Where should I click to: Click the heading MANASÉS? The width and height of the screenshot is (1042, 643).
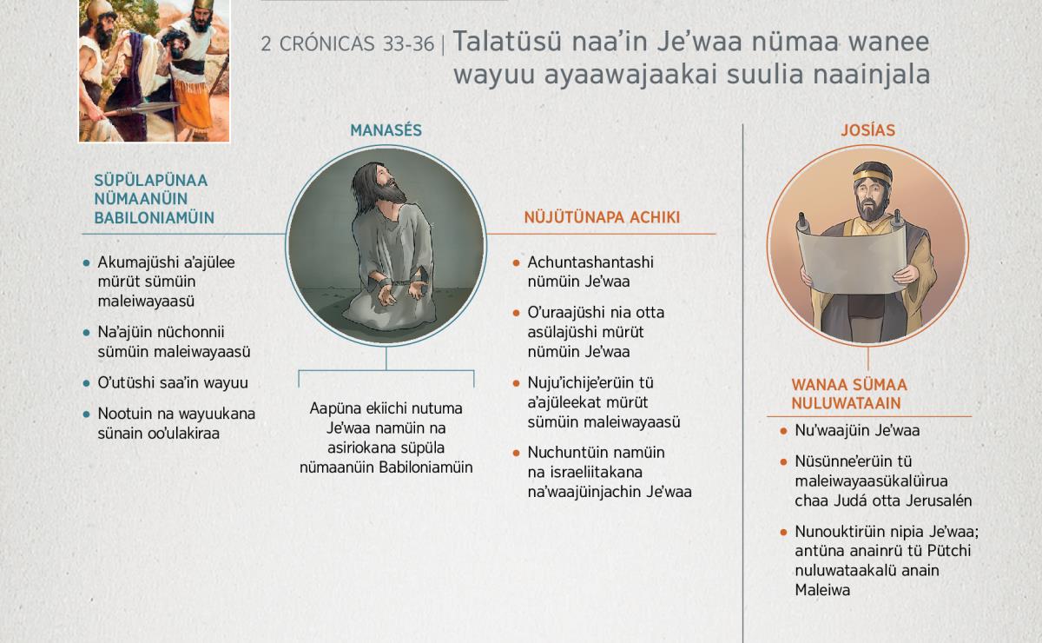(386, 130)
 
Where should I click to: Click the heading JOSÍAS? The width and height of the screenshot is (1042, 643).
(867, 130)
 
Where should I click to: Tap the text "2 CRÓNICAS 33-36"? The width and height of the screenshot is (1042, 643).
(347, 44)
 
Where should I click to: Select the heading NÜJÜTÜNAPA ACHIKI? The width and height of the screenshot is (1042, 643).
(602, 217)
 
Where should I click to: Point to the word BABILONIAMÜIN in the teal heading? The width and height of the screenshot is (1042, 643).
(154, 218)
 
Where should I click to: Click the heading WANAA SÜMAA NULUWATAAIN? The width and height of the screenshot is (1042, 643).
(849, 394)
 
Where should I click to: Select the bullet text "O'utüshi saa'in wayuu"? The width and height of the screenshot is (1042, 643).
(173, 382)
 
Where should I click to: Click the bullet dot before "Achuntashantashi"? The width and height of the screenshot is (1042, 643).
(516, 263)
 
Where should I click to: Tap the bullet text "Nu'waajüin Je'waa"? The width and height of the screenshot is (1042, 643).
(857, 430)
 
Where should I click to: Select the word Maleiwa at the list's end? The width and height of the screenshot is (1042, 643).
(822, 590)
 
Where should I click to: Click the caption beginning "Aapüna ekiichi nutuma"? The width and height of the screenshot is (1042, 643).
(386, 438)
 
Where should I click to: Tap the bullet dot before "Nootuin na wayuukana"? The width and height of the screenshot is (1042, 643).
(86, 414)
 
